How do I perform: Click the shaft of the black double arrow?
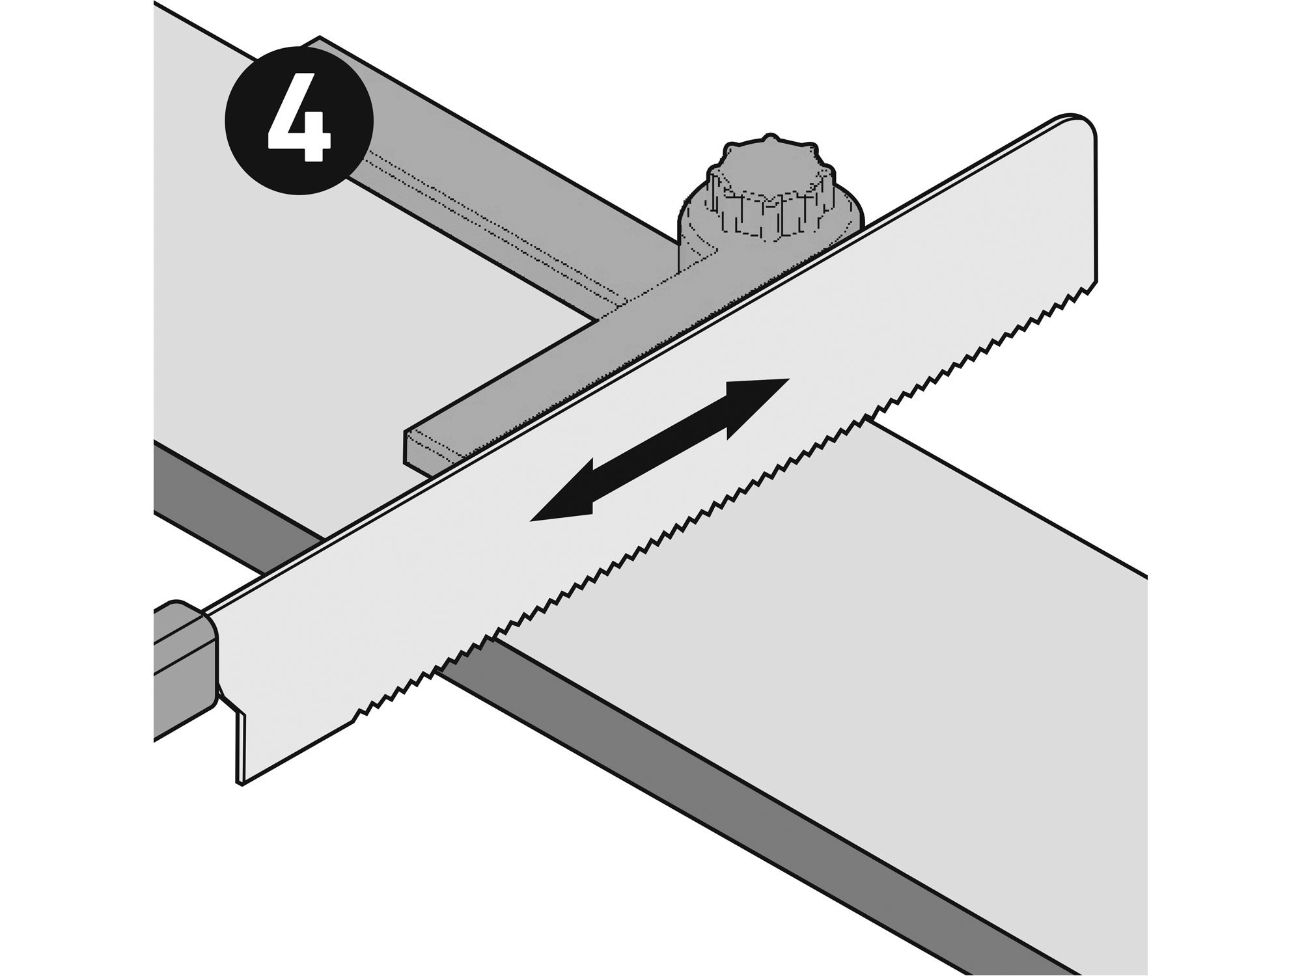(x=659, y=450)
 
